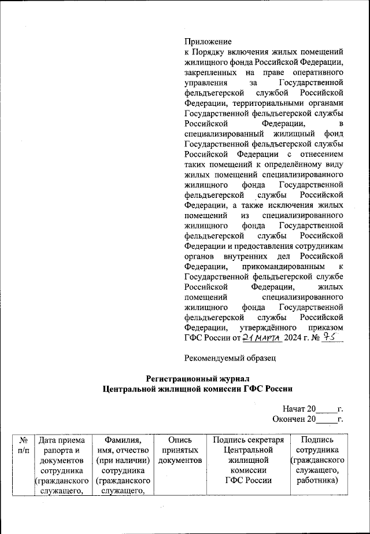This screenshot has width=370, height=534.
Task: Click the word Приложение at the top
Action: point(208,42)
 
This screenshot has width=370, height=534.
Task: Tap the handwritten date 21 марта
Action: point(262,338)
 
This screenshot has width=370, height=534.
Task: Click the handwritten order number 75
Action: point(330,337)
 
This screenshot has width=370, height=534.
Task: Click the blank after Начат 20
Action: point(326,410)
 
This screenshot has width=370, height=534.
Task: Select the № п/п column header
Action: point(24,445)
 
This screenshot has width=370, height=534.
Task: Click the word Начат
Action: point(294,410)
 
